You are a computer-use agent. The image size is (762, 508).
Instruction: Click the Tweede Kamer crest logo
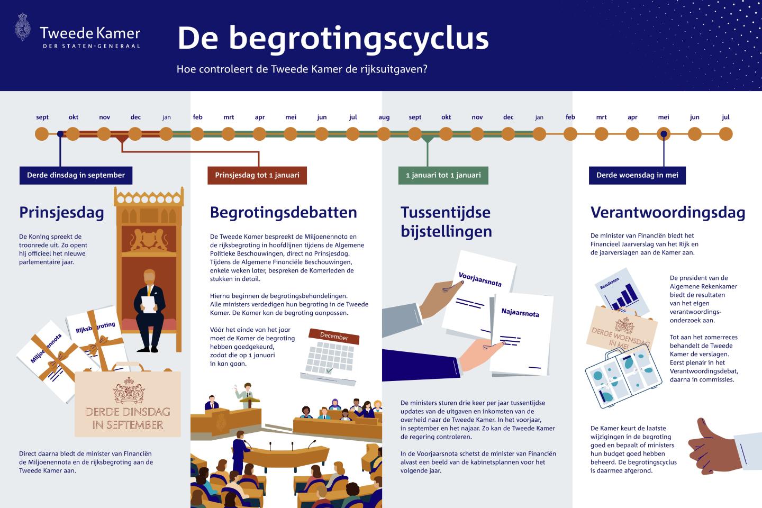click(x=23, y=27)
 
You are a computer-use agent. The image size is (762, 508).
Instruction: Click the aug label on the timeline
click(x=384, y=117)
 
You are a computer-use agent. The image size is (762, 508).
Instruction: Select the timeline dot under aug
click(x=384, y=134)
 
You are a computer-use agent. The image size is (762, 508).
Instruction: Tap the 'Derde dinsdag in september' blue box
click(x=76, y=176)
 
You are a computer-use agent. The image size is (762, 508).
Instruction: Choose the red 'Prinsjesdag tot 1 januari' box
click(x=257, y=176)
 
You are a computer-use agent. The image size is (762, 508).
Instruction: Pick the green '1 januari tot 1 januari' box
click(x=443, y=176)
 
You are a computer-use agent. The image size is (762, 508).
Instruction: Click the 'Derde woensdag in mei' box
click(x=637, y=176)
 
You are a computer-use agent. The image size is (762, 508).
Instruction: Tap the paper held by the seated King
click(x=149, y=304)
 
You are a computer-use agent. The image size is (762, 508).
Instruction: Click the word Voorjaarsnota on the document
click(x=480, y=279)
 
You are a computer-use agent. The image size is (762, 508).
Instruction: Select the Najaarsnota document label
click(x=520, y=312)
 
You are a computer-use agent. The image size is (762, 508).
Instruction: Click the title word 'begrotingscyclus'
click(x=359, y=39)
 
